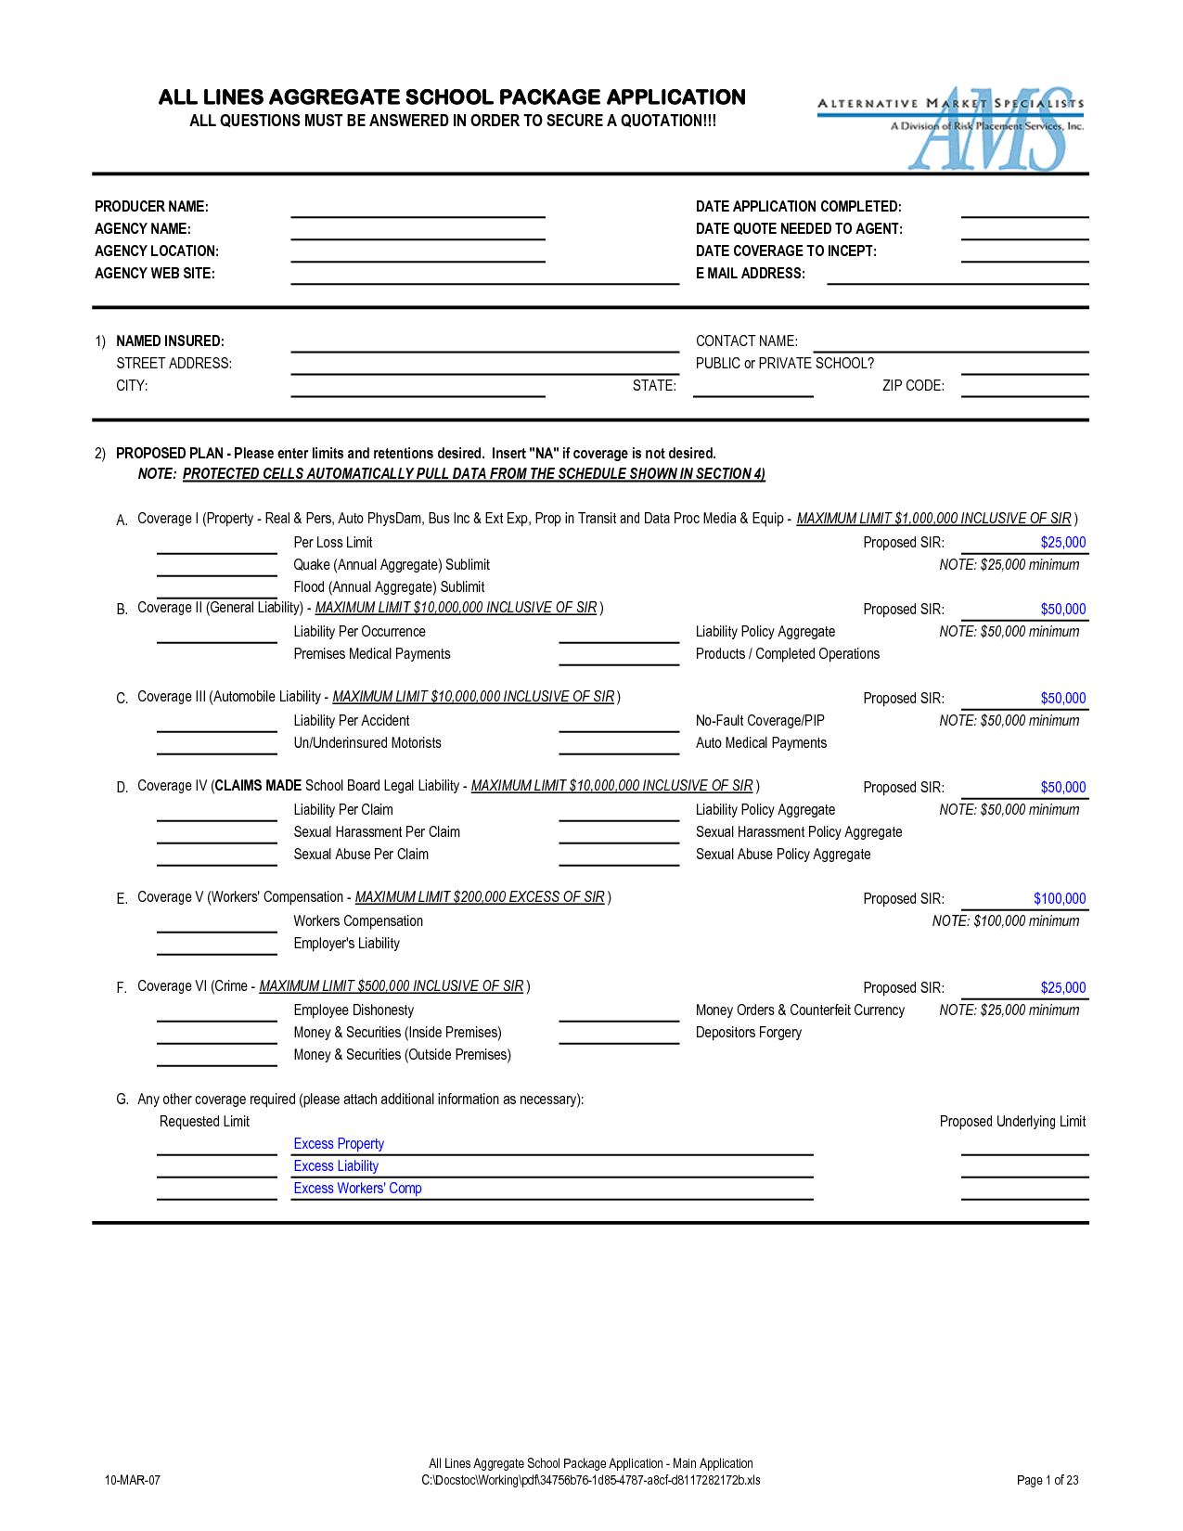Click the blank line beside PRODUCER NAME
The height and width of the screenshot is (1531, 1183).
[418, 210]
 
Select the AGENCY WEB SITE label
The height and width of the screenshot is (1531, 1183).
[155, 274]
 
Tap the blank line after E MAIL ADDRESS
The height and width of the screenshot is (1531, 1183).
[957, 277]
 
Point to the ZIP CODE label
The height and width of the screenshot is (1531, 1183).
[913, 386]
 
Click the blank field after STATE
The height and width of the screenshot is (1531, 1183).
[752, 389]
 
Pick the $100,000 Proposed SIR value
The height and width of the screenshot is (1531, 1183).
[1059, 899]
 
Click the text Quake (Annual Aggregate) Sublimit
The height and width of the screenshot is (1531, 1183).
[392, 565]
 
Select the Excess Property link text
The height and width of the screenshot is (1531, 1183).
[339, 1144]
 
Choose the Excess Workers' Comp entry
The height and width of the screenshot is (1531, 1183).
[357, 1189]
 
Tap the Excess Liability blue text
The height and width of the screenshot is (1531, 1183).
[336, 1166]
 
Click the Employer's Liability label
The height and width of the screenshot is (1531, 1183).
[346, 944]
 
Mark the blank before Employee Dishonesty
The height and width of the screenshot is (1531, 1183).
[216, 1013]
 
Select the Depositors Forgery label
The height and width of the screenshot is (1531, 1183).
[749, 1033]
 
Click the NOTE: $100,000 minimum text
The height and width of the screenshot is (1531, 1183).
[1006, 921]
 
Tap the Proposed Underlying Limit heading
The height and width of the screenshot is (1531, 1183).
[1012, 1122]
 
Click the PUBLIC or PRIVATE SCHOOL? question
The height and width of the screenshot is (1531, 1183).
[785, 364]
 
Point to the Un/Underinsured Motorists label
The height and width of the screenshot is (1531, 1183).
[367, 743]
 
